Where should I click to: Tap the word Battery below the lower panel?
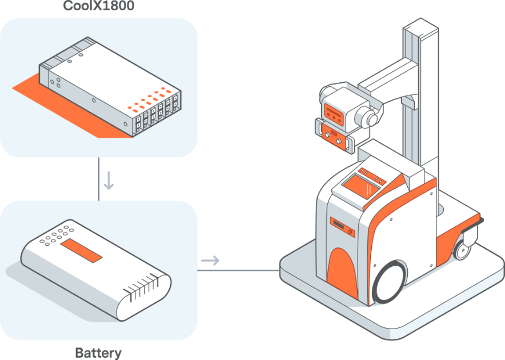pyautogui.click(x=98, y=353)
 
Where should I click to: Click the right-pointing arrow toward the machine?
pyautogui.click(x=210, y=261)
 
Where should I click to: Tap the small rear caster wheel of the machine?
pyautogui.click(x=462, y=250)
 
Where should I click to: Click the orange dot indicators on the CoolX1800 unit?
pyautogui.click(x=149, y=99)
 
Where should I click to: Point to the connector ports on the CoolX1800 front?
pyautogui.click(x=157, y=114)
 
